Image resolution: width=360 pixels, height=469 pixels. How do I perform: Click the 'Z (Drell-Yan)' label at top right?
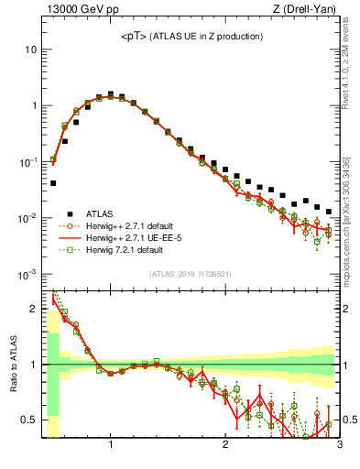tap(308, 10)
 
